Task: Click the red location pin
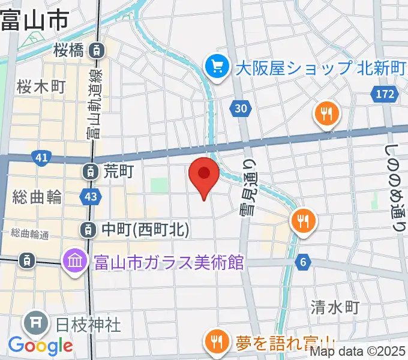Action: pyautogui.click(x=204, y=176)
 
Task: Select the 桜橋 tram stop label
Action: pyautogui.click(x=70, y=51)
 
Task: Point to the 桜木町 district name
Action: pyautogui.click(x=41, y=87)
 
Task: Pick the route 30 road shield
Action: pyautogui.click(x=239, y=109)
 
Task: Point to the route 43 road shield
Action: pyautogui.click(x=90, y=196)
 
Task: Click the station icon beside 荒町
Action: pyautogui.click(x=89, y=172)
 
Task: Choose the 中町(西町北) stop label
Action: pyautogui.click(x=145, y=229)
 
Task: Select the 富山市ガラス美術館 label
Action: pyautogui.click(x=168, y=262)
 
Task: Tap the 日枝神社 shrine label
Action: pyautogui.click(x=88, y=325)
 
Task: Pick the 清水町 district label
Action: pyautogui.click(x=335, y=308)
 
